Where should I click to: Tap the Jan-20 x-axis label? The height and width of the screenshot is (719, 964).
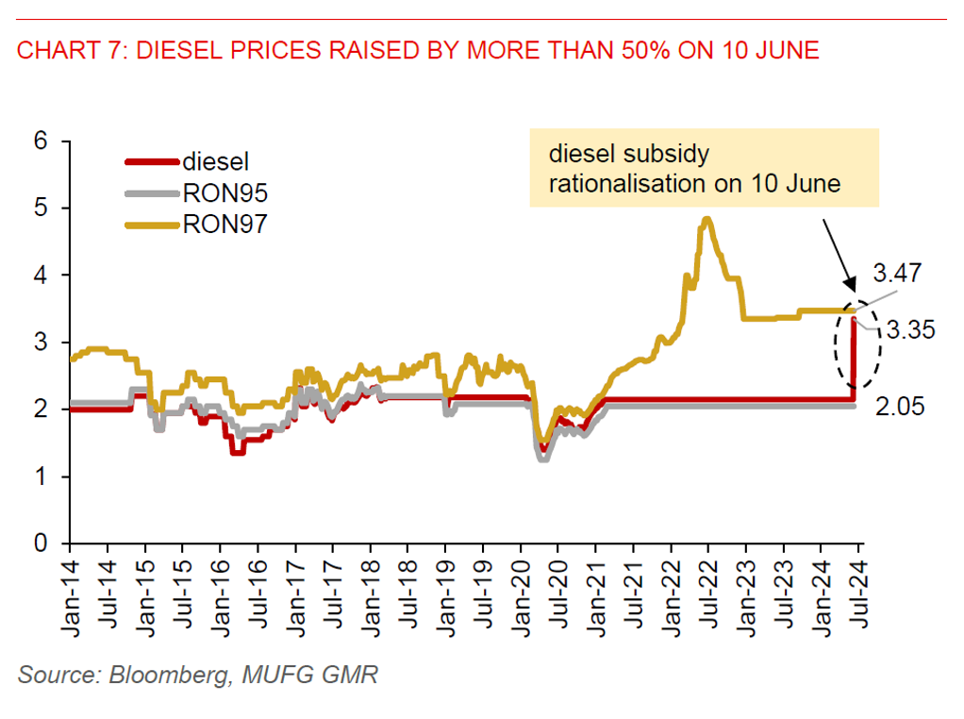[521, 591]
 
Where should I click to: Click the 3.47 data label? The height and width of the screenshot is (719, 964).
[897, 275]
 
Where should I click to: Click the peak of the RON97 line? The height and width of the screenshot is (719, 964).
[706, 220]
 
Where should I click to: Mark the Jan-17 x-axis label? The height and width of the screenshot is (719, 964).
[295, 591]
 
